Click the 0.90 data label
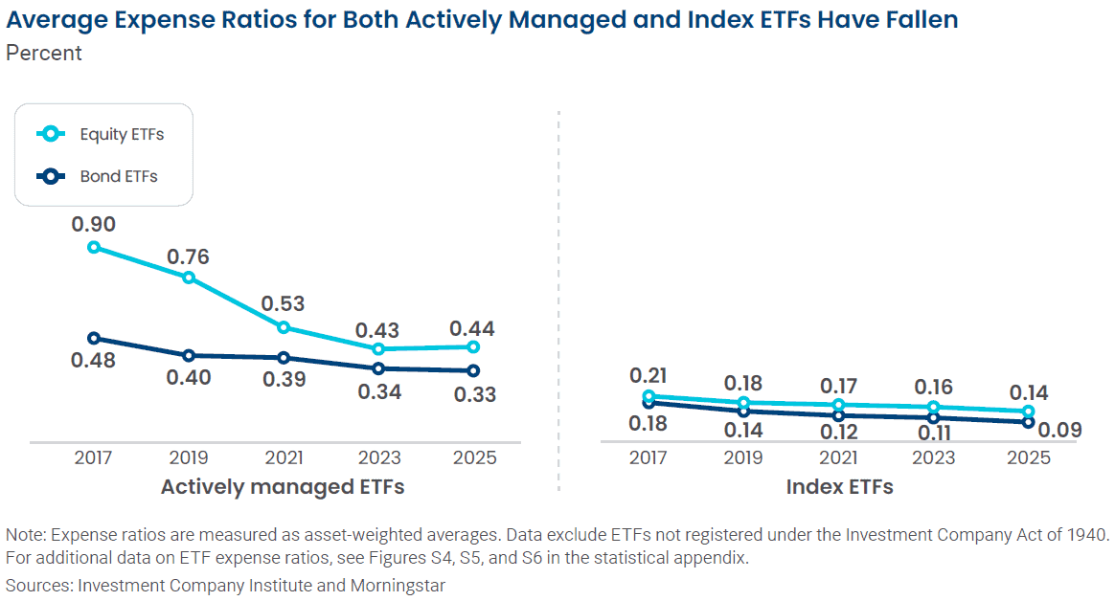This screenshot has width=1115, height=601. (93, 225)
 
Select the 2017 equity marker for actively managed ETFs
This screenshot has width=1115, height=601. (93, 247)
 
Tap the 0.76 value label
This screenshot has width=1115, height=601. (188, 256)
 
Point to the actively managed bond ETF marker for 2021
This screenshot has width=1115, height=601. (284, 358)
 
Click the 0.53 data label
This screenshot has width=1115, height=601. (284, 304)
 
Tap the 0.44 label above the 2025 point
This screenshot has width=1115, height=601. (472, 329)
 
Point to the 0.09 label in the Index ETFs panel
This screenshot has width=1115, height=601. (1060, 431)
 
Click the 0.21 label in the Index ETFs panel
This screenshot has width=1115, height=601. (649, 375)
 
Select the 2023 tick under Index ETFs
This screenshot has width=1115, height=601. (934, 458)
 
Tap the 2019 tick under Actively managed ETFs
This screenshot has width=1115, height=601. (188, 458)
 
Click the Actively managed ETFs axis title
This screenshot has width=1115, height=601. (283, 487)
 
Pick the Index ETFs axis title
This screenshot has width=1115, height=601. (839, 487)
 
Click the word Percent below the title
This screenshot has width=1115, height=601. (44, 53)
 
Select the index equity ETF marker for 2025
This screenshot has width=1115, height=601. (1029, 412)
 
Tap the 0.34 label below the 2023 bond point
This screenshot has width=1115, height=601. (378, 391)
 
